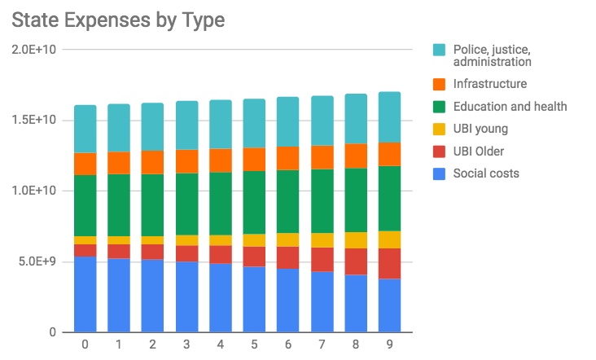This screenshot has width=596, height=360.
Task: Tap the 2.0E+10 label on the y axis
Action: point(33,50)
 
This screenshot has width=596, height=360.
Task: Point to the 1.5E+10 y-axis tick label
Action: point(33,121)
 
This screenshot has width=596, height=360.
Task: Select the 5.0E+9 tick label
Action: point(37,261)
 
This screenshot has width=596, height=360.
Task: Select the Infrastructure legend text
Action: point(489,83)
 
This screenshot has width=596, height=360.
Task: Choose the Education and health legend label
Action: point(510,106)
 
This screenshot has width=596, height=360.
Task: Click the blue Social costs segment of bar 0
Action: point(85,294)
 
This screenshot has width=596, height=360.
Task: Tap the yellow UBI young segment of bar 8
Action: point(356,240)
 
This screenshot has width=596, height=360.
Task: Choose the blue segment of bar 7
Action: point(322,301)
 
